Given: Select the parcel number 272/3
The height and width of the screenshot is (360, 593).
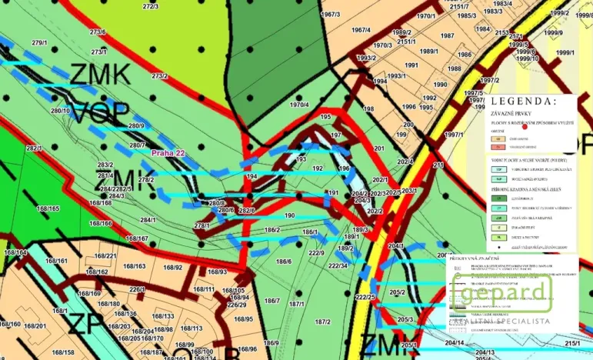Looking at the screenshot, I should [x=151, y=6].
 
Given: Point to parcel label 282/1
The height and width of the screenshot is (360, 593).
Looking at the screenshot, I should [x=34, y=148].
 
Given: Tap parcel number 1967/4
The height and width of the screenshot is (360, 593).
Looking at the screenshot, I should [x=361, y=31].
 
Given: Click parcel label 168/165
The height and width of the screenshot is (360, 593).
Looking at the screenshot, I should [x=48, y=208].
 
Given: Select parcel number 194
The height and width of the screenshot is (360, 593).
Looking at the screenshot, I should [x=251, y=177].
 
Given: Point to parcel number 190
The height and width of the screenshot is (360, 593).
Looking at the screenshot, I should [x=289, y=216].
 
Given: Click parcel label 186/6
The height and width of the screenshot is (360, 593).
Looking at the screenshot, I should [x=284, y=262].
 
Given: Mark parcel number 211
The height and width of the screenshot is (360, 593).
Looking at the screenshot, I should [x=438, y=165].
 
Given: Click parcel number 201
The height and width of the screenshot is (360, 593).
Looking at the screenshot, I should [x=378, y=148].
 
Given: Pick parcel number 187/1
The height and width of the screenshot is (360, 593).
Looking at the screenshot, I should [x=297, y=304].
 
